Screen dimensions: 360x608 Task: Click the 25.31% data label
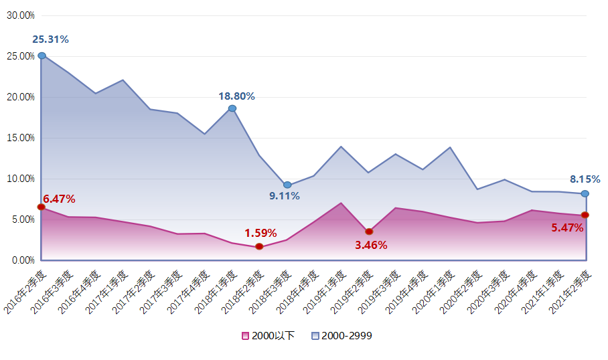(x=50, y=39)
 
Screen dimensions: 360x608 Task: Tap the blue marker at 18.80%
(x=232, y=108)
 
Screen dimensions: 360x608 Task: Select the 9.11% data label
(x=285, y=196)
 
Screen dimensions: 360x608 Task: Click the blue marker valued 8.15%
(x=585, y=193)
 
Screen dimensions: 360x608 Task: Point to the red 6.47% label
(x=59, y=199)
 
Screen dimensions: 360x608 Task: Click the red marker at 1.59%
(x=259, y=247)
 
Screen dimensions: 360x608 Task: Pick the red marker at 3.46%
(x=369, y=232)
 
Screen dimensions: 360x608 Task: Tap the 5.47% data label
(x=567, y=228)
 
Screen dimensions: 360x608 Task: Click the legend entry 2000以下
(x=268, y=336)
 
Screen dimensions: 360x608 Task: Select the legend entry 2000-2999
(x=341, y=336)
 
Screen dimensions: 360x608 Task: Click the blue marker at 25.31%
(x=42, y=56)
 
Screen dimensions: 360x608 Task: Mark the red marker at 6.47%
(x=42, y=207)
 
